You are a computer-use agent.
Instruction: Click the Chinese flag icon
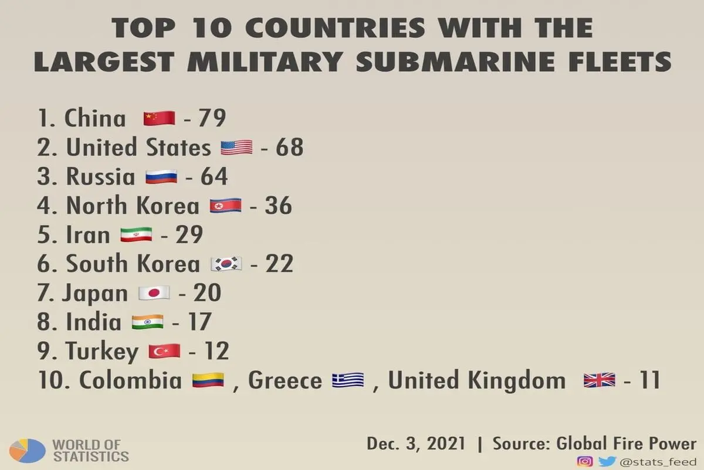(160, 118)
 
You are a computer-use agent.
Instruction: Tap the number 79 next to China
(212, 118)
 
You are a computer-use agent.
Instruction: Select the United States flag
(236, 147)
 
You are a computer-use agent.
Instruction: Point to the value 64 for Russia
(214, 176)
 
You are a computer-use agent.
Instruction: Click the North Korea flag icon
(226, 206)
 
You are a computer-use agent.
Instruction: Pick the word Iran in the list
(88, 234)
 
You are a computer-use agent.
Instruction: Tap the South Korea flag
(226, 264)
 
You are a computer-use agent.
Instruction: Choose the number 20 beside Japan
(207, 293)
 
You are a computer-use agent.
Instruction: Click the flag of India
(147, 322)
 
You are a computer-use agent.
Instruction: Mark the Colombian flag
(208, 380)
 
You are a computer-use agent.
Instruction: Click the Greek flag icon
(348, 380)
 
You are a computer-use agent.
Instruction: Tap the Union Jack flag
(600, 380)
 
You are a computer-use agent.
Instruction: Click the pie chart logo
(28, 451)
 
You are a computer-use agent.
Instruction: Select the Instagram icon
(585, 462)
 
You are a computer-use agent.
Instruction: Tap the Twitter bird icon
(607, 462)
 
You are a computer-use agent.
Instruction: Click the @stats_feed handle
(658, 462)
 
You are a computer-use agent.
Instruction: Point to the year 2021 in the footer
(446, 444)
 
